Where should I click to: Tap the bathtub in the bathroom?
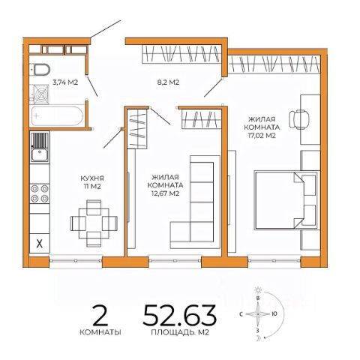coord(57,116)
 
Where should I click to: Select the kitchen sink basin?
coord(40,155)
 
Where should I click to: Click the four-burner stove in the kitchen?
coord(40,193)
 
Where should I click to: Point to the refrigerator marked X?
coord(40,243)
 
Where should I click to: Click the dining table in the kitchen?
coord(94,223)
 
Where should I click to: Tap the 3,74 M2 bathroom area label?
coord(65,82)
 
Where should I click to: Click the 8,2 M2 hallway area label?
coord(168,82)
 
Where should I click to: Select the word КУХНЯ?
coord(92,178)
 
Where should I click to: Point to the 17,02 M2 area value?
coord(262,136)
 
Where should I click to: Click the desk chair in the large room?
coord(298,119)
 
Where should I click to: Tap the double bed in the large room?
coord(286,199)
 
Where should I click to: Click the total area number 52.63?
coord(179,315)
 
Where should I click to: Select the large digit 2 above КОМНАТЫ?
coord(100,315)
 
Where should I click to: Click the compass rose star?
coord(258,314)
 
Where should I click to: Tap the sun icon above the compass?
coord(258,290)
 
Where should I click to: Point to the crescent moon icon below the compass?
coord(258,338)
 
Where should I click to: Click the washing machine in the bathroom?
coord(40,94)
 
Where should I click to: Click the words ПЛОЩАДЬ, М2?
coord(180,333)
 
